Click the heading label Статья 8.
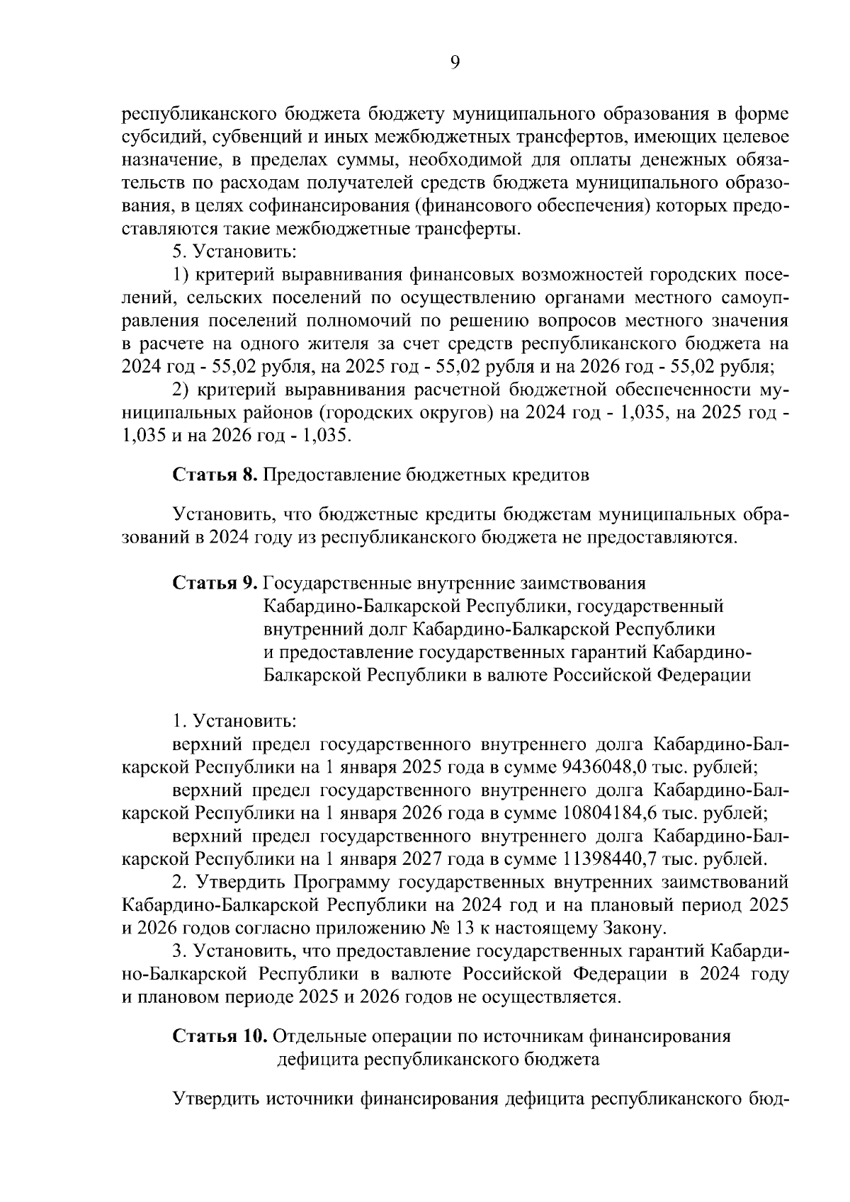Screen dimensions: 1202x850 [215, 475]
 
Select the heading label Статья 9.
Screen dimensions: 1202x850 [215, 583]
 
